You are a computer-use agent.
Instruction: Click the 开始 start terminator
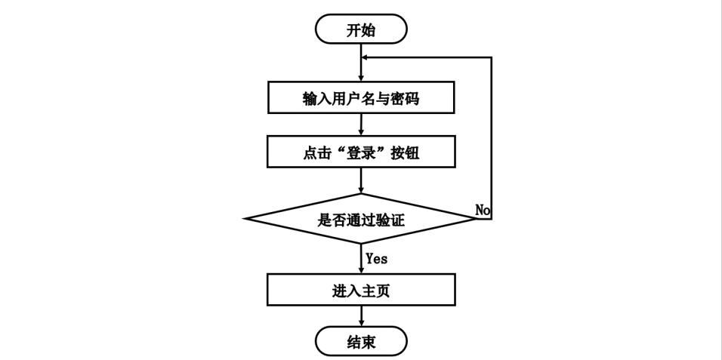coord(361,29)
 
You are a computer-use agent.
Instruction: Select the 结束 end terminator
coord(361,342)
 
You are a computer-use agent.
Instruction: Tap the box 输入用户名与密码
coord(361,98)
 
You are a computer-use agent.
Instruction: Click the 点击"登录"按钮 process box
coord(361,152)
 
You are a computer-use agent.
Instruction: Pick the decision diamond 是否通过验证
coord(361,219)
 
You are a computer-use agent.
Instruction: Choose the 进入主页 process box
coord(361,290)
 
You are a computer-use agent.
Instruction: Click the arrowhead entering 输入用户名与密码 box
coord(362,78)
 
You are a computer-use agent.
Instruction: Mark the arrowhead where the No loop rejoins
coord(366,57)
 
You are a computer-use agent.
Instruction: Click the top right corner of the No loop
coord(492,57)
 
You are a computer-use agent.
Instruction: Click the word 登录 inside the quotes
coord(360,152)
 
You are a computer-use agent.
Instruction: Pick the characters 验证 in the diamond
coord(391,220)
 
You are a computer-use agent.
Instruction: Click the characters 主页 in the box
coord(375,290)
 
